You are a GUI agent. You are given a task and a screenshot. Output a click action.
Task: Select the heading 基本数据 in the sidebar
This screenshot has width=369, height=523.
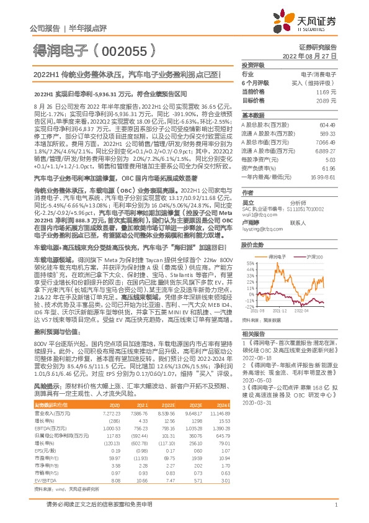click(253, 116)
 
